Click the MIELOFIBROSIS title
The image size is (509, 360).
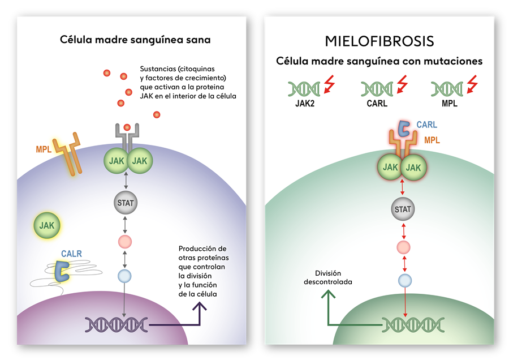coord(379,41)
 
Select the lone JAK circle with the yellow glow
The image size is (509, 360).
coord(47,225)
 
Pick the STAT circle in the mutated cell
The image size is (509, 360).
coord(403,209)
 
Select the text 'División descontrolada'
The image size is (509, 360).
coord(327,277)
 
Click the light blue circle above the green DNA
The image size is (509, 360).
coord(404,280)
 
